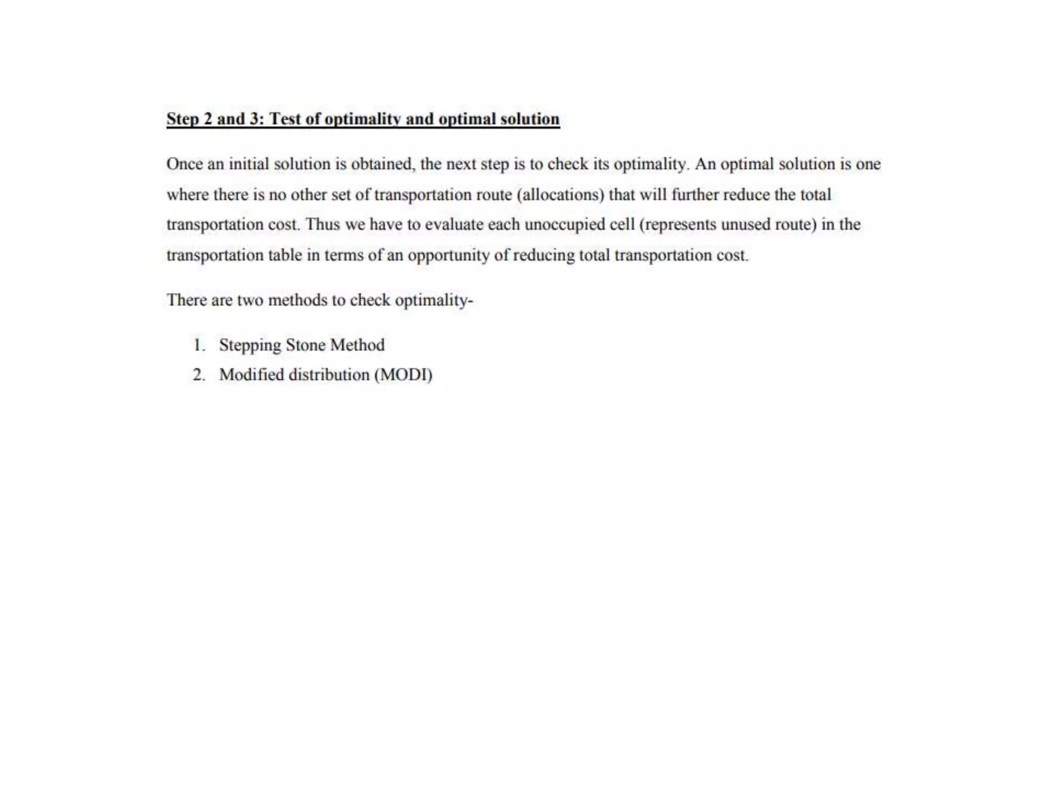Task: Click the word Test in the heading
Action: coord(285,119)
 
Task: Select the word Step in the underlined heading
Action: coord(183,119)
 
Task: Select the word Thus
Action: coord(322,225)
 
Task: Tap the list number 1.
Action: coord(199,345)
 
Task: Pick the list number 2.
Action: coord(199,374)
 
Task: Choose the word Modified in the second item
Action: coord(251,374)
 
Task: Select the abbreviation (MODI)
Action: coord(403,374)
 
